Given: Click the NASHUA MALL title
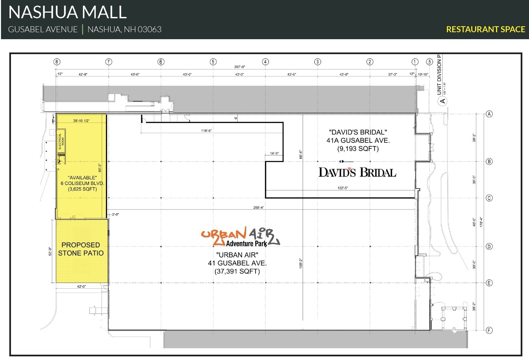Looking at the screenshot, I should click(x=67, y=12).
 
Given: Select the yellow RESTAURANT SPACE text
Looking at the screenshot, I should click(x=485, y=29).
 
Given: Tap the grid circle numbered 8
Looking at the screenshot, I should click(x=57, y=62).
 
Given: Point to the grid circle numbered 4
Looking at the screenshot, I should click(x=265, y=62).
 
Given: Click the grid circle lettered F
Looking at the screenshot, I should click(x=489, y=330).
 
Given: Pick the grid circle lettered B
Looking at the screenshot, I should click(x=489, y=162).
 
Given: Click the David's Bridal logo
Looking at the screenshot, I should click(x=357, y=172).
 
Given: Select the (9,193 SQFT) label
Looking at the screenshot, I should click(x=358, y=149).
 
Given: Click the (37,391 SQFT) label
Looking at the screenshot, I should click(x=237, y=271).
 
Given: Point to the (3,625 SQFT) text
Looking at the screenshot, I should click(x=82, y=189).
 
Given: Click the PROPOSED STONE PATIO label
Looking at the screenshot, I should click(x=81, y=249).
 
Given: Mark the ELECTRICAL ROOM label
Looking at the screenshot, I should click(x=61, y=141).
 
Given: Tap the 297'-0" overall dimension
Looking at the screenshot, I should click(x=240, y=67).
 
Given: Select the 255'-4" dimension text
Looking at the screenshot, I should click(x=259, y=208).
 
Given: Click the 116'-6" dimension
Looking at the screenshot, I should click(x=206, y=131).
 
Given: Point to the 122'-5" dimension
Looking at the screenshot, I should click(x=343, y=188).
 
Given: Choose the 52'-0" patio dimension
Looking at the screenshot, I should click(x=50, y=251).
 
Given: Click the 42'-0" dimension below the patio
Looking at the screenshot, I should click(x=81, y=286).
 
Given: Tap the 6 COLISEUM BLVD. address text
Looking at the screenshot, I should click(x=82, y=183).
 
